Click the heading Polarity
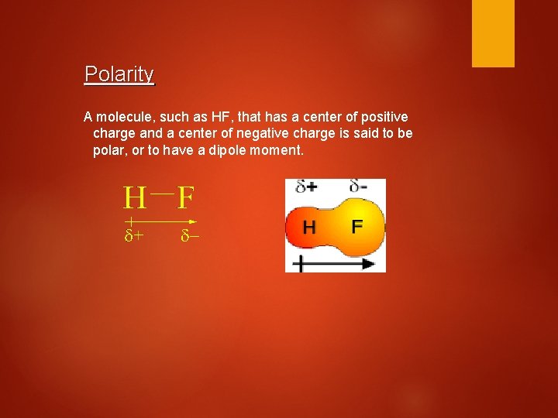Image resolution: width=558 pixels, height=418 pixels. coord(119,74)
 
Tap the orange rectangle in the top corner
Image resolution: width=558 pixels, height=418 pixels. coord(493,33)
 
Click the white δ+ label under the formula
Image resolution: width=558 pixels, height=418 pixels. coord(134,235)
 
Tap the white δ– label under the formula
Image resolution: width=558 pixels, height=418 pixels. coord(189,235)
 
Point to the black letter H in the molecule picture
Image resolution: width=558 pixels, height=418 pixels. coord(309,228)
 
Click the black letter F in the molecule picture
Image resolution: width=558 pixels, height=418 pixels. coord(356,227)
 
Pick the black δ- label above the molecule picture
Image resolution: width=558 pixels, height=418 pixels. coord(358,187)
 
